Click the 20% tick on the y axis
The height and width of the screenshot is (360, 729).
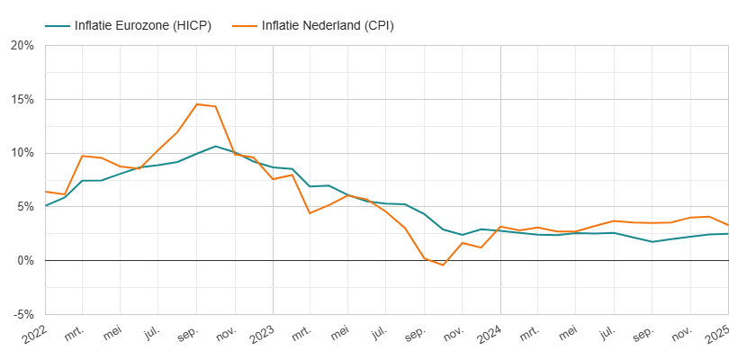point(22,45)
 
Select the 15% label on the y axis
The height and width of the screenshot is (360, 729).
point(22,99)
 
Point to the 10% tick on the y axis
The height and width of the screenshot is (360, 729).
point(22,153)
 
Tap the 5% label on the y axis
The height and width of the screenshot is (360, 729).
point(25,207)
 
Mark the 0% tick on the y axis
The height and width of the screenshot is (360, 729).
point(25,261)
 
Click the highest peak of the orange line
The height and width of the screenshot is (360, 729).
point(197,104)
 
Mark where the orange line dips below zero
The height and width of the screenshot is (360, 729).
point(443,265)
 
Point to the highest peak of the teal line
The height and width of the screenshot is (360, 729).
point(215,146)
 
